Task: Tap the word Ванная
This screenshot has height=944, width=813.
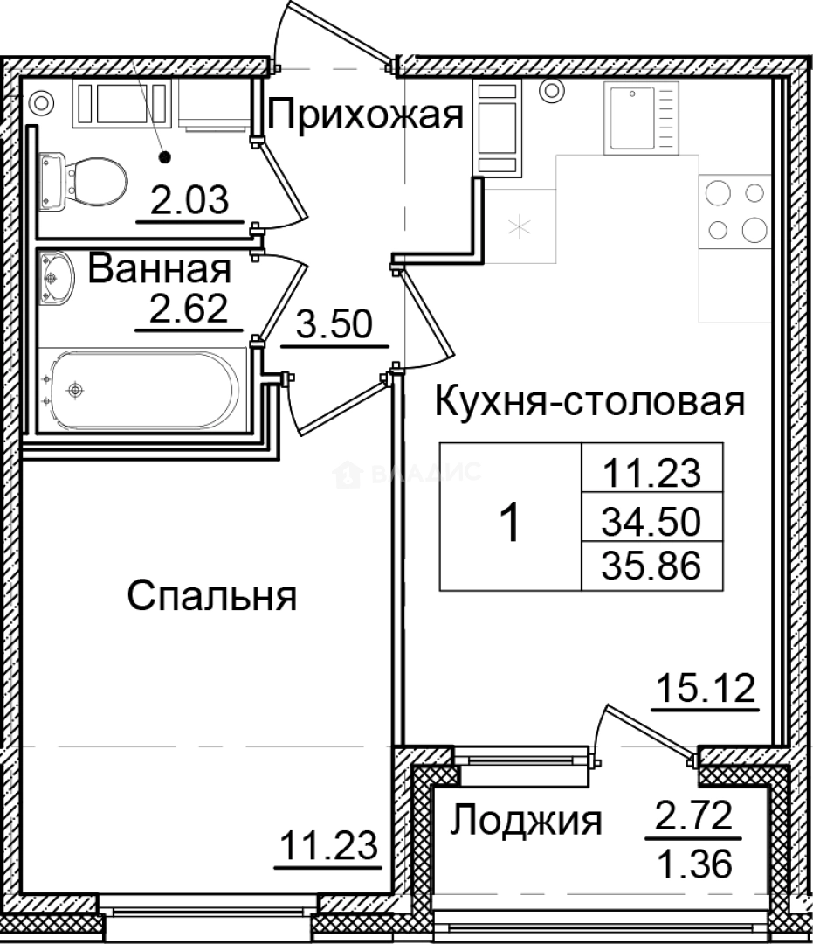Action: click(160, 269)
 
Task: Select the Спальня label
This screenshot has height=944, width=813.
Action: click(212, 597)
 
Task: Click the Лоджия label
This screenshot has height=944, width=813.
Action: click(527, 821)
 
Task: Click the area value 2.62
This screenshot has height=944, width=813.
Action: click(189, 309)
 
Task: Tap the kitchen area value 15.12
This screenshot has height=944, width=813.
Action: click(706, 690)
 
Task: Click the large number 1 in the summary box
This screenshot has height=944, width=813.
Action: click(510, 524)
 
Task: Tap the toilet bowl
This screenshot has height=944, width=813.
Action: click(83, 179)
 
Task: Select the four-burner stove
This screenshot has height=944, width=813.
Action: click(734, 211)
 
